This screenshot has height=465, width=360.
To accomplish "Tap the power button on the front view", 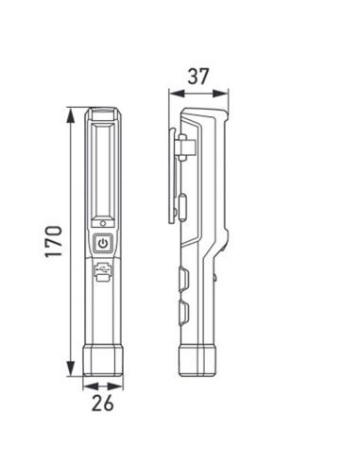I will (x=103, y=243).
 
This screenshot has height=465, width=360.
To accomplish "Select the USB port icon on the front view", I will (x=103, y=272).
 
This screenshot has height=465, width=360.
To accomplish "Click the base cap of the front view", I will (x=103, y=362).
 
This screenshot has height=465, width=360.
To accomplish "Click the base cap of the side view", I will (x=197, y=362).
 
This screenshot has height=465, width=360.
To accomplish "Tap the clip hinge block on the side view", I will (x=186, y=146).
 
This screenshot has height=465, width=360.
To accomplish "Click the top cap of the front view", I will (x=103, y=116).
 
